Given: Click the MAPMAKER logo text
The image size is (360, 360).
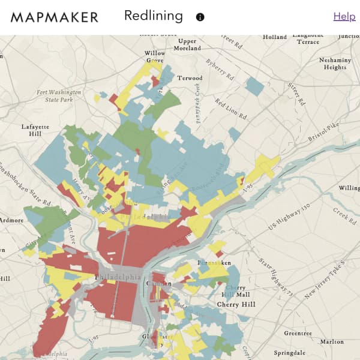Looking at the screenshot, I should click(54, 17).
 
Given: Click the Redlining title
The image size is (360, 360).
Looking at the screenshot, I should click(153, 16).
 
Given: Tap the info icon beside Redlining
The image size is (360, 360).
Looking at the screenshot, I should click(200, 17).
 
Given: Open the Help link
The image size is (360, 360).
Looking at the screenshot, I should click(344, 17).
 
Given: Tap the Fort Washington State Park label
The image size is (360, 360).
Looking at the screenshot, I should click(59, 96).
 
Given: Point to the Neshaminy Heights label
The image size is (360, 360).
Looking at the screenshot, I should click(335, 64).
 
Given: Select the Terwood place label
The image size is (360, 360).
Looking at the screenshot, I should click(190, 78).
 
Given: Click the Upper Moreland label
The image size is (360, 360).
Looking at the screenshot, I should click(188, 44).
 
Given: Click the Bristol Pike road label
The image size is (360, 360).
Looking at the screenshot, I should click(325, 133).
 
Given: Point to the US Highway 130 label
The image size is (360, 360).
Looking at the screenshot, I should click(289, 217).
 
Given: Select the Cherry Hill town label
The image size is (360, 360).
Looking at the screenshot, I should click(236, 305).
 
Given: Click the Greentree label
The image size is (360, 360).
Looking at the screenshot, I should click(298, 333).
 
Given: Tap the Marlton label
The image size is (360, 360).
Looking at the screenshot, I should click(332, 341).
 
